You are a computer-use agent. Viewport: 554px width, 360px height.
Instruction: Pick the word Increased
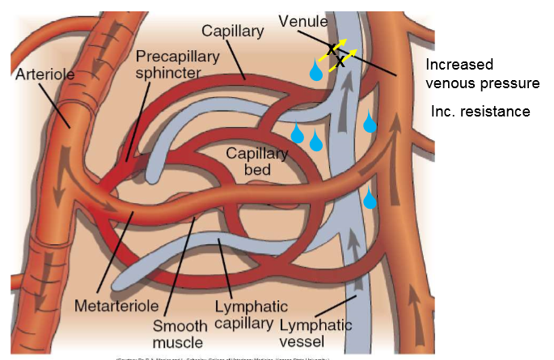click(459, 64)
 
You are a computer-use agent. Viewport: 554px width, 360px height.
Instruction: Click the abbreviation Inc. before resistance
click(445, 111)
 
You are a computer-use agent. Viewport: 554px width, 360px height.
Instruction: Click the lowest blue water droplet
click(370, 198)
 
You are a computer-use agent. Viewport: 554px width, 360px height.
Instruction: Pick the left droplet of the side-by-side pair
click(298, 133)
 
